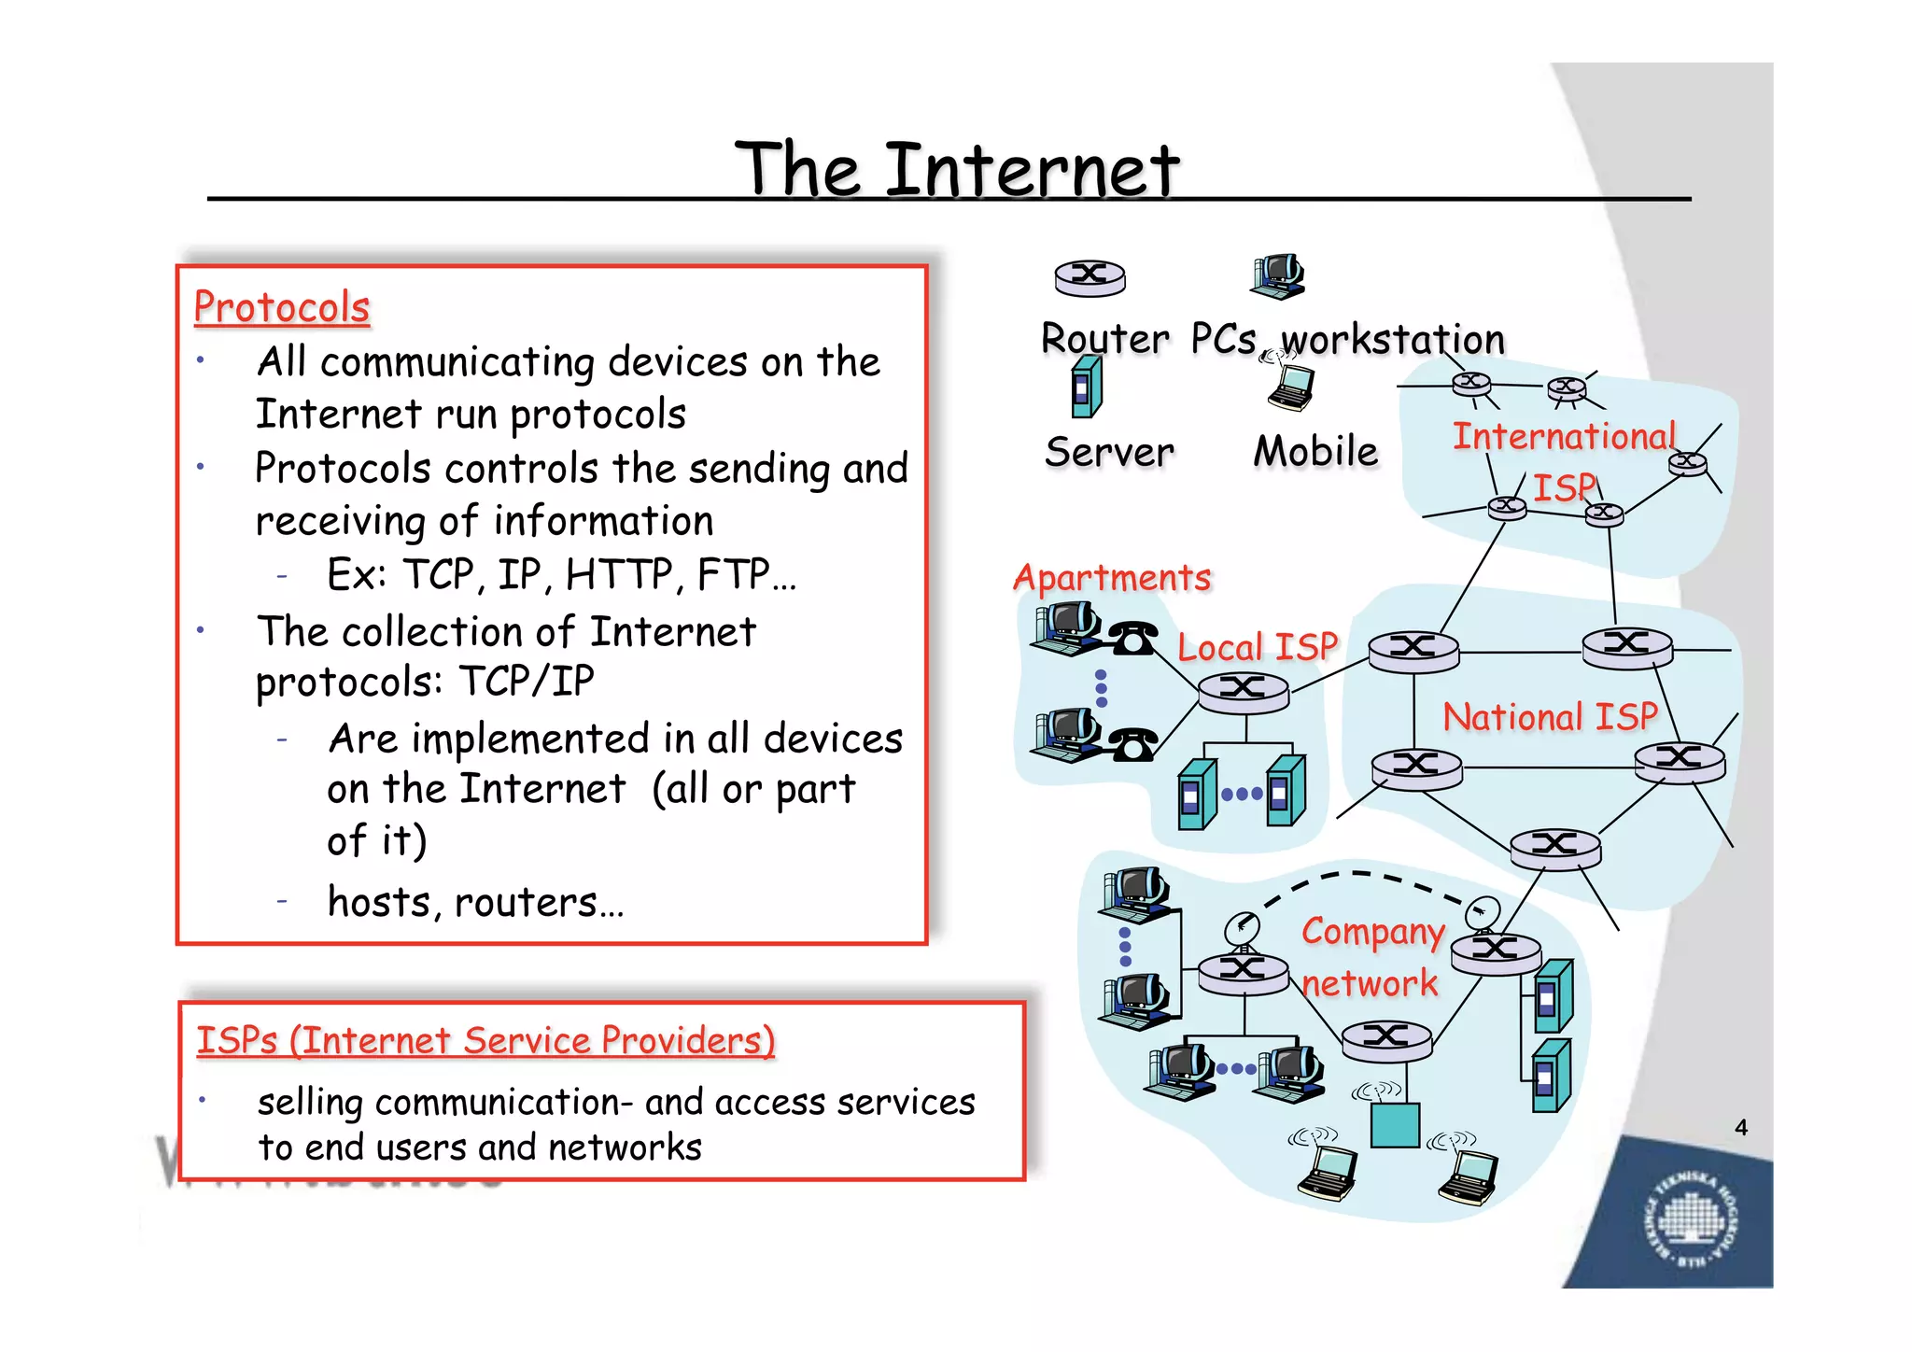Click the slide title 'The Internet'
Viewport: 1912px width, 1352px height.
pos(957,170)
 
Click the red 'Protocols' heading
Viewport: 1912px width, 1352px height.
pos(282,308)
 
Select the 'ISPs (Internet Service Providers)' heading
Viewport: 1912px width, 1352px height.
pos(485,1040)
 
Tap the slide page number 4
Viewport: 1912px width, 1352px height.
pos(1741,1128)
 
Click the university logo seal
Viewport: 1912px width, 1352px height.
pos(1689,1220)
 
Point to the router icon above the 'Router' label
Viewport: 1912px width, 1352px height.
pos(1090,277)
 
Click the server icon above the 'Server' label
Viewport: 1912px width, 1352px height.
pos(1087,388)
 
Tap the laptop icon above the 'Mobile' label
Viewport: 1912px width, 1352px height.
pos(1291,387)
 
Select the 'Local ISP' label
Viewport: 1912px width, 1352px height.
pos(1258,647)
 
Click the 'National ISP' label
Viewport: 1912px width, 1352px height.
pos(1550,717)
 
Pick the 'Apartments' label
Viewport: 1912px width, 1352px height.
pos(1112,578)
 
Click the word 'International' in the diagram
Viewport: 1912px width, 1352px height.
pos(1565,437)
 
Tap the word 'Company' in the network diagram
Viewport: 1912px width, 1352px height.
pos(1373,932)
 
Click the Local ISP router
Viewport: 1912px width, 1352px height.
pos(1243,692)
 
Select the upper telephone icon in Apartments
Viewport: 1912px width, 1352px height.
pos(1133,639)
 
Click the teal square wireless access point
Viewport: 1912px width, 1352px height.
pos(1395,1125)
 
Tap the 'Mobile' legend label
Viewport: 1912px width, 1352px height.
pos(1315,452)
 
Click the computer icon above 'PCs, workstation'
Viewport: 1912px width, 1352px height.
pos(1277,276)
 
